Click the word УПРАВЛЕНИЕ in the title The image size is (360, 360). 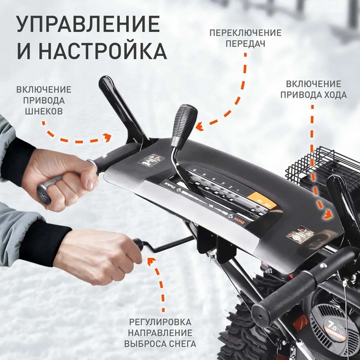click(x=87, y=24)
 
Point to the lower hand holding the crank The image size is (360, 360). click(x=98, y=254)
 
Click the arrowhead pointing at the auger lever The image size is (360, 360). click(x=109, y=138)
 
